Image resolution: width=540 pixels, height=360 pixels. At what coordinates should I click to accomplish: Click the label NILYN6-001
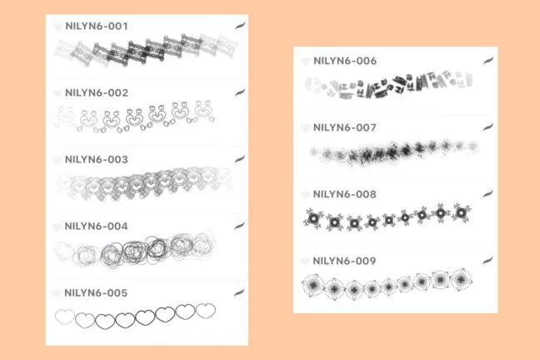click(x=96, y=27)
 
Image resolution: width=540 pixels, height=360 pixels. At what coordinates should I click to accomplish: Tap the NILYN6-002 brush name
click(x=96, y=92)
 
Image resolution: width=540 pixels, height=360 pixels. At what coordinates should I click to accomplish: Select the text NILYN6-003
click(x=96, y=158)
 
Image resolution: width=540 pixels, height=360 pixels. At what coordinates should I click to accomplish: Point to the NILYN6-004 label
click(x=96, y=225)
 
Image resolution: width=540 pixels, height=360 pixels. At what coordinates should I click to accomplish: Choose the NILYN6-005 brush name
click(x=96, y=292)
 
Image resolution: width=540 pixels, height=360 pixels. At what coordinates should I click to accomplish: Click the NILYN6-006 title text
click(x=345, y=61)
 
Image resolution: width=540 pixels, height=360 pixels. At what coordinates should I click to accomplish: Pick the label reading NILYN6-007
click(x=345, y=127)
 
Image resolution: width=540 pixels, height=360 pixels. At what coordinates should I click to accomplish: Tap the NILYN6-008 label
click(x=345, y=194)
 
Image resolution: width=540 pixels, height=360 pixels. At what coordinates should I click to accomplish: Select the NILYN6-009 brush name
click(x=345, y=261)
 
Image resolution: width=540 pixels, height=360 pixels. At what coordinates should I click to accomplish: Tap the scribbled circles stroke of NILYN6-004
click(x=137, y=249)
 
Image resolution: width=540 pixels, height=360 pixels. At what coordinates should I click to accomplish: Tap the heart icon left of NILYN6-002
click(x=57, y=93)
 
